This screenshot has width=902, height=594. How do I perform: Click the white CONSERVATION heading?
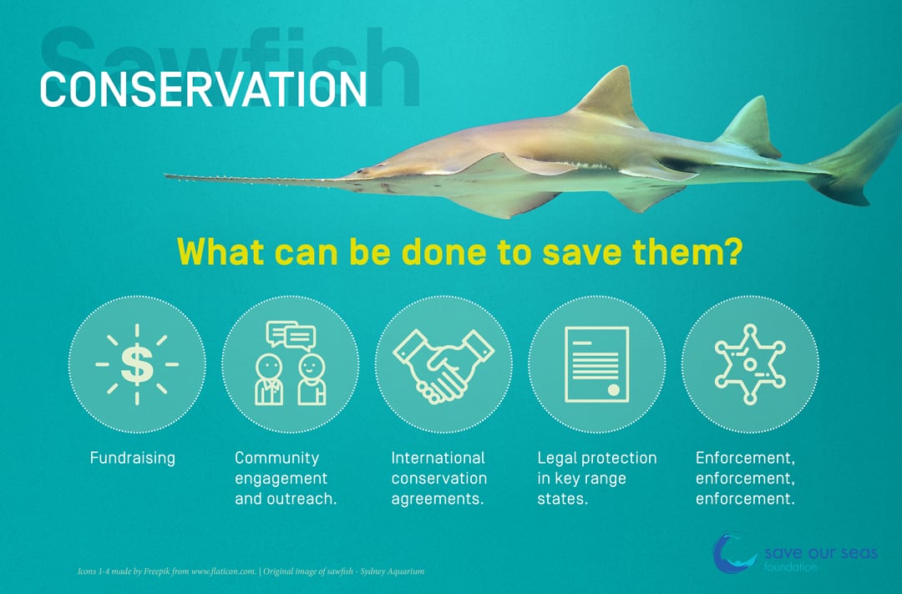203,89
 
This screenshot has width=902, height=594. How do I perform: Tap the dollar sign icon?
137,364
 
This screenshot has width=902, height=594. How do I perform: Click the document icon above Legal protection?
596,364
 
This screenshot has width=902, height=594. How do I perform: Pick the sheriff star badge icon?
749,364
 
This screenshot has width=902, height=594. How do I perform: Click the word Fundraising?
132,458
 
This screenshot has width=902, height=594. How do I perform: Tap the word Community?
276,458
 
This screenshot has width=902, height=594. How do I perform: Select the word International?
438,458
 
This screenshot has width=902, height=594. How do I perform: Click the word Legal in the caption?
557,459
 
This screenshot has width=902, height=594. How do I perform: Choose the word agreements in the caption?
437,499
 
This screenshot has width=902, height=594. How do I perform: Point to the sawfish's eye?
361,171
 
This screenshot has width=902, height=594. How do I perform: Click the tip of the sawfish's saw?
165,175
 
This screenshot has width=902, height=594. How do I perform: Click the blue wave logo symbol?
733,553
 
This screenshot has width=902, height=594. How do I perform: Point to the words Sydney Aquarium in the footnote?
393,571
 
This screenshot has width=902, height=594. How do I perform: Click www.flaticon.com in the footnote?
223,571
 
